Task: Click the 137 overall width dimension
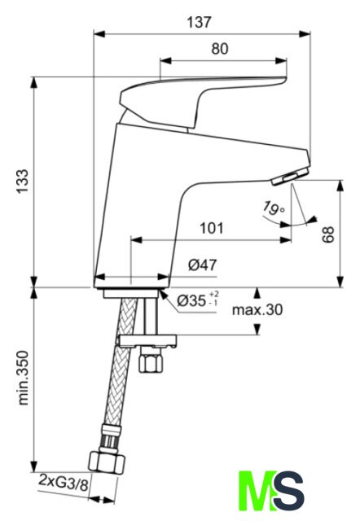[199, 23]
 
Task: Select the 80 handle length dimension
[220, 49]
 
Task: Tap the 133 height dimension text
[23, 182]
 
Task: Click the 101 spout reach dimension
[212, 228]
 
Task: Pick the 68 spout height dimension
[327, 234]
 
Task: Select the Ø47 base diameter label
[203, 265]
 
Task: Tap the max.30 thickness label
[257, 310]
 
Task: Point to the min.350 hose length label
[23, 378]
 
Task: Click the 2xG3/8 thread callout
[64, 483]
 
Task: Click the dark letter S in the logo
[288, 490]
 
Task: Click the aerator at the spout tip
[290, 176]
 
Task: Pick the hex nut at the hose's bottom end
[107, 463]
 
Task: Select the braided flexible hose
[119, 372]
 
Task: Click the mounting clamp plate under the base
[148, 341]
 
